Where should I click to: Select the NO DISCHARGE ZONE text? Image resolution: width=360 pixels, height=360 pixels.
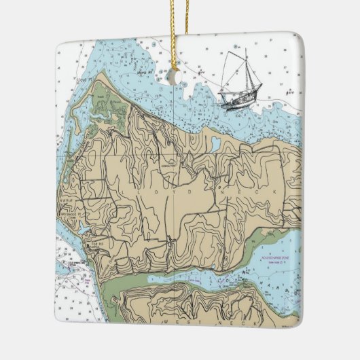click(274, 259)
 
